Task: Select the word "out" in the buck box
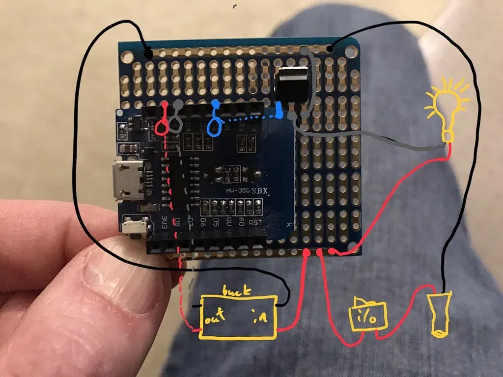[215, 319]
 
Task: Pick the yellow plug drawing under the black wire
[440, 314]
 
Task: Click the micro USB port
[129, 181]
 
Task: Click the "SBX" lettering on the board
[261, 190]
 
